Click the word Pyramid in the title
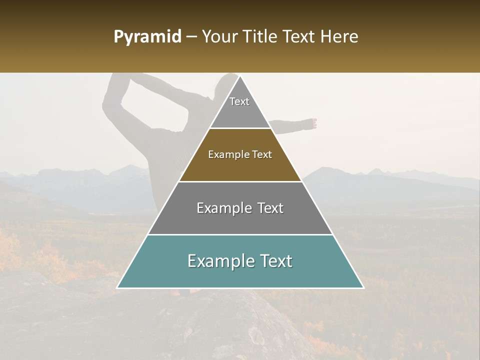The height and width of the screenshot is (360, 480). point(147,37)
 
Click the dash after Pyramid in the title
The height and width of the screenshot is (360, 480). point(191,37)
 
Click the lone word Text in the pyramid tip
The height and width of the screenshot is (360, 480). point(239,101)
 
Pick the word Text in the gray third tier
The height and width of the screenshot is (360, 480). point(270,208)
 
